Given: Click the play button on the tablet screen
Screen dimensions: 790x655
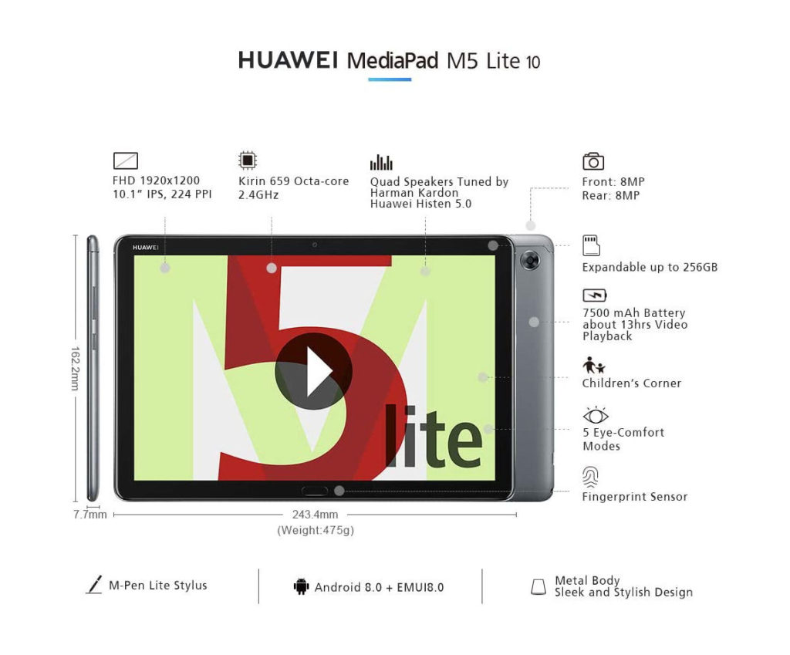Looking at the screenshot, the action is click(313, 371).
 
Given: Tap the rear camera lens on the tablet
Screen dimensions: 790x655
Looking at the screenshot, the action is click(529, 261).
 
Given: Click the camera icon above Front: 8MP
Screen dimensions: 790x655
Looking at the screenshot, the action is click(593, 161).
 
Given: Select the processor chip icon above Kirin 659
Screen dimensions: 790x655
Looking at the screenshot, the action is click(248, 160).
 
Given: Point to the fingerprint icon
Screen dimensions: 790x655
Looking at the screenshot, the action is click(590, 477).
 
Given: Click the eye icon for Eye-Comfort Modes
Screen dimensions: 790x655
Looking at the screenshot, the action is click(595, 414).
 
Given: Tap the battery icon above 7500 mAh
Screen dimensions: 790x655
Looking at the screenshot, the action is click(595, 295).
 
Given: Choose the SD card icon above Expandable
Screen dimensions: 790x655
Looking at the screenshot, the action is click(591, 245).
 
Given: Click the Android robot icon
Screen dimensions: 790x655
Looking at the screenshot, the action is click(302, 586).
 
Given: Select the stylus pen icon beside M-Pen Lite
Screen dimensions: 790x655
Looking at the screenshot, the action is click(94, 585).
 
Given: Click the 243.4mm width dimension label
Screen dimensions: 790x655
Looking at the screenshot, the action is click(315, 515).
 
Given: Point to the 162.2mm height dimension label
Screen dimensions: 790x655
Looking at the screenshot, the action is click(75, 368).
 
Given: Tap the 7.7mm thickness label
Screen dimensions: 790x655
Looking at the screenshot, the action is click(89, 515).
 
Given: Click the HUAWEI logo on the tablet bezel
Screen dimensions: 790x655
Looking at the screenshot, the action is click(146, 248).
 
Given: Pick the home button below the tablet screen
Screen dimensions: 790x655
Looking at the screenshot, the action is click(315, 491).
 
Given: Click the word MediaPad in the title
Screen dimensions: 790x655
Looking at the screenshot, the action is click(393, 60).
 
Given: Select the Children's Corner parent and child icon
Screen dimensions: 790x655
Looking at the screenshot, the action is click(594, 365).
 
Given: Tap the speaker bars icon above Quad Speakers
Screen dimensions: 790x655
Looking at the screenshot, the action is click(381, 162).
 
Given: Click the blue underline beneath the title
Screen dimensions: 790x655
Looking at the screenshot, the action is click(390, 79).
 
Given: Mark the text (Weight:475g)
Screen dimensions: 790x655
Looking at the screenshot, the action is click(316, 530).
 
